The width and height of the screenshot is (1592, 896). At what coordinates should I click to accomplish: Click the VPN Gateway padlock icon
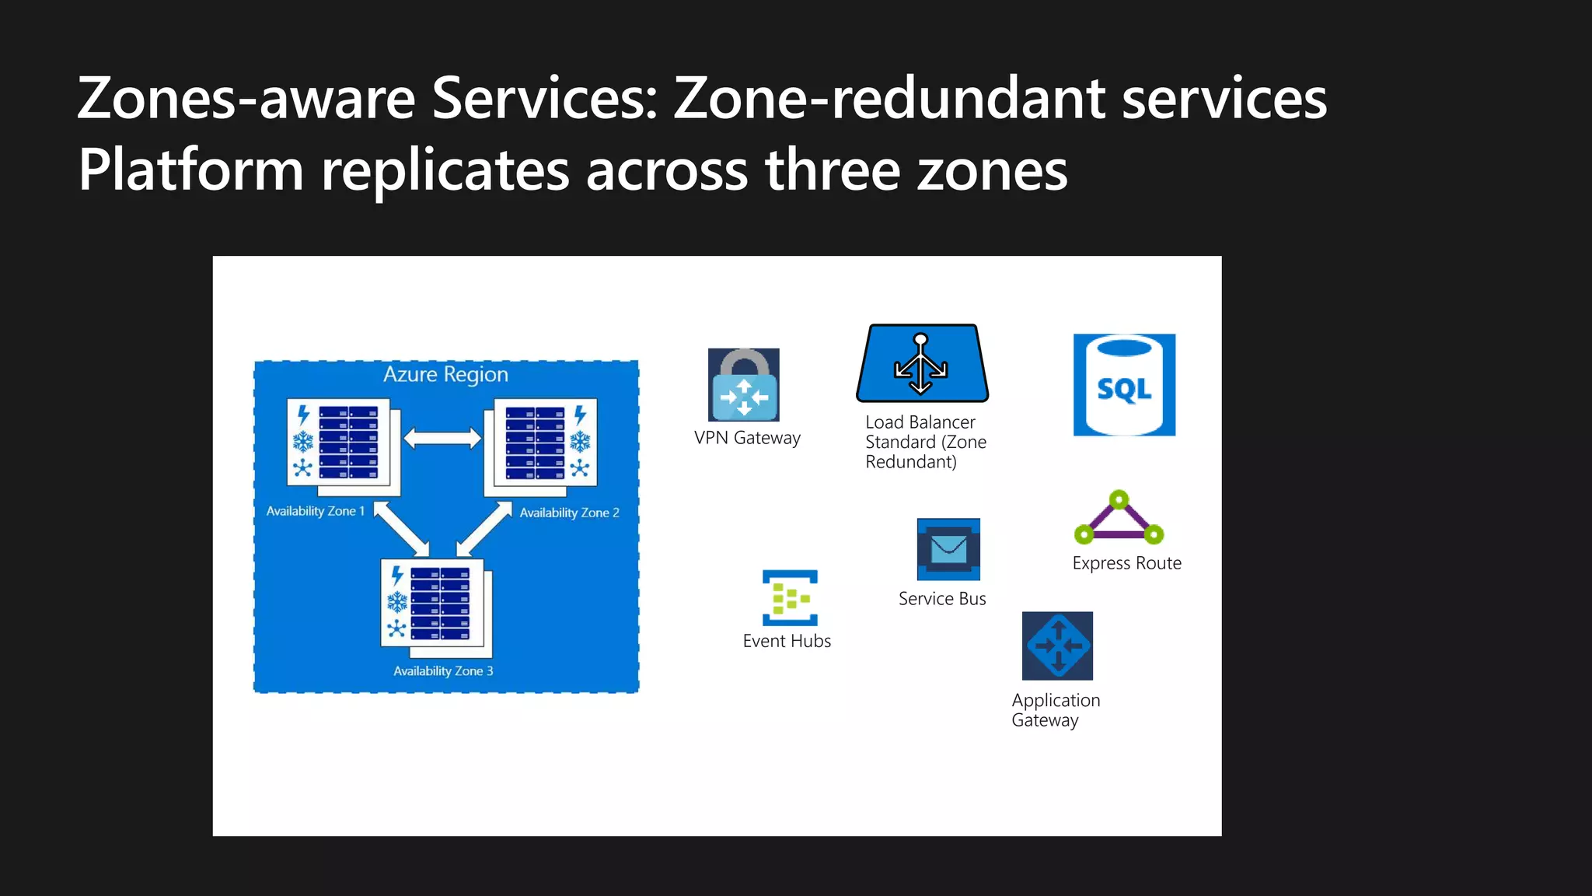pyautogui.click(x=743, y=385)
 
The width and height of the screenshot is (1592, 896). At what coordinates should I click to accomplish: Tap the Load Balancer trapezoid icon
pyautogui.click(x=922, y=364)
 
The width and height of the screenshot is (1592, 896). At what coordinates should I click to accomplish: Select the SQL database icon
pyautogui.click(x=1124, y=385)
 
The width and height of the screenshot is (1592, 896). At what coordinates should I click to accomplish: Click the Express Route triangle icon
pyautogui.click(x=1119, y=518)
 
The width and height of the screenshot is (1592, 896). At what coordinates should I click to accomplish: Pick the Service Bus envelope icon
pyautogui.click(x=948, y=549)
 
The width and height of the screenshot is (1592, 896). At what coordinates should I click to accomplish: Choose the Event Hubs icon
pyautogui.click(x=790, y=597)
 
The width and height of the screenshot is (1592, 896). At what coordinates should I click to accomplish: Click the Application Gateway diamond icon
pyautogui.click(x=1057, y=646)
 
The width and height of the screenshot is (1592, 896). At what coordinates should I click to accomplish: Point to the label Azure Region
pyautogui.click(x=445, y=375)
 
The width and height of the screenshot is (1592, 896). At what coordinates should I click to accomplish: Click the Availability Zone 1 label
pyautogui.click(x=315, y=511)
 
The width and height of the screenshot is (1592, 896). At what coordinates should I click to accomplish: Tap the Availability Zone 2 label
pyautogui.click(x=569, y=513)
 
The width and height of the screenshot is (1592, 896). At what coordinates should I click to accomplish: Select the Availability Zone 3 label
pyautogui.click(x=443, y=670)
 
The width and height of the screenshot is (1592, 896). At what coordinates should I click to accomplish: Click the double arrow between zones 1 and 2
pyautogui.click(x=442, y=439)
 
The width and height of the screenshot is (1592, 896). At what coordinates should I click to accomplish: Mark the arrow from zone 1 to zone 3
pyautogui.click(x=401, y=529)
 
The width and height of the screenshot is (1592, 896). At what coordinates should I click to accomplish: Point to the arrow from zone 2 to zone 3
pyautogui.click(x=484, y=530)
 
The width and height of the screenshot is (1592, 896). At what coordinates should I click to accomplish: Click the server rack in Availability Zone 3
pyautogui.click(x=440, y=604)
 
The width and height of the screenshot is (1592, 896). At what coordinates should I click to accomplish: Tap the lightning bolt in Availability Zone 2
pyautogui.click(x=580, y=415)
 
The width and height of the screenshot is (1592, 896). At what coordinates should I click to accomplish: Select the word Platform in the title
pyautogui.click(x=190, y=170)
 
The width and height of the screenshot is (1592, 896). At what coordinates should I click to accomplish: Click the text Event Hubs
pyautogui.click(x=787, y=641)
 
